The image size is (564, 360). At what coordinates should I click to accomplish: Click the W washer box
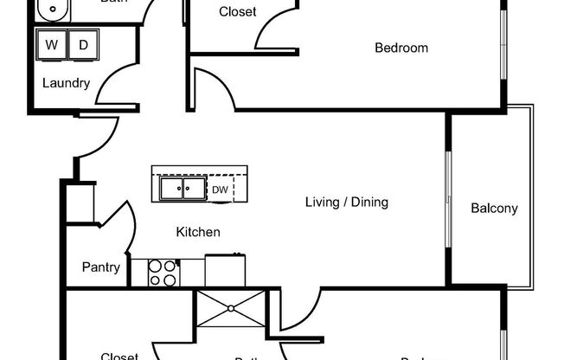point(51,45)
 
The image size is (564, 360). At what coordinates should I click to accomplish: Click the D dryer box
point(83,45)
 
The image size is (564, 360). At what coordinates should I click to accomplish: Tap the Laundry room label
point(67,83)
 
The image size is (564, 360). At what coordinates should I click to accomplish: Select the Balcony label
point(494,208)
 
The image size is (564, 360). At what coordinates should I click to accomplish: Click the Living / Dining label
point(346,202)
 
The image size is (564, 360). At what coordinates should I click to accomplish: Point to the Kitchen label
point(198,232)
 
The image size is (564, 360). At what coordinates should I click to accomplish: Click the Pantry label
point(101,267)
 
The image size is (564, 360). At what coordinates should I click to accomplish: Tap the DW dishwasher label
point(220,189)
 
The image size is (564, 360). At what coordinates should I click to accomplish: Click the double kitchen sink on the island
point(182,188)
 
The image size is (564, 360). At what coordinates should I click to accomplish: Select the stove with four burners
point(163,273)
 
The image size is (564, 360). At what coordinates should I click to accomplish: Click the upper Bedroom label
point(401,48)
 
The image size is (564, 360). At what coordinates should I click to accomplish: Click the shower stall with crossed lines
point(232,309)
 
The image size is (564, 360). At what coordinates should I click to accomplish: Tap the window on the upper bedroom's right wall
point(503,43)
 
